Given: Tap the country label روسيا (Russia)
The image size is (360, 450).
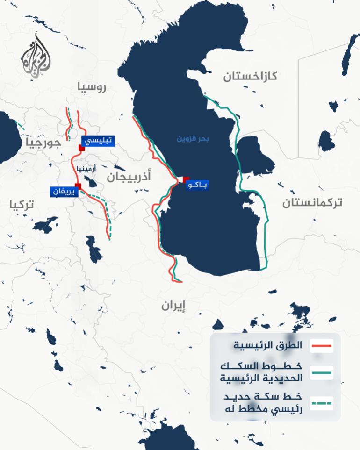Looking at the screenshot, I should pos(92,86).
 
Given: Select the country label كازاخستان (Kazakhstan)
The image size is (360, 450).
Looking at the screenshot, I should pos(250,76).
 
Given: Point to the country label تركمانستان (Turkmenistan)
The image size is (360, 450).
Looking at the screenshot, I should pos(312,202).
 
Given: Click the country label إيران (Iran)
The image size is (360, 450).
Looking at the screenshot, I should pos(173,306).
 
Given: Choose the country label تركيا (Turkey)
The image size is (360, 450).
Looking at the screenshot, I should pos(22,204).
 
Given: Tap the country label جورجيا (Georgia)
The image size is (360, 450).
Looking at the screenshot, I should pos(43,143).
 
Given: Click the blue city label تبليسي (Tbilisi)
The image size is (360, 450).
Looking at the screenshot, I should pos(98,141).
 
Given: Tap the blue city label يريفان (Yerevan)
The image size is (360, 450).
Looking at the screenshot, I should pos(63,192).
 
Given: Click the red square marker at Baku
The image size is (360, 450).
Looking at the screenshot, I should pos(186,179).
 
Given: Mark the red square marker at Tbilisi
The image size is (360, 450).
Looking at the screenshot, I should pos(81,148).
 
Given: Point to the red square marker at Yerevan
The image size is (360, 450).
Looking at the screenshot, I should pos(78,186).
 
